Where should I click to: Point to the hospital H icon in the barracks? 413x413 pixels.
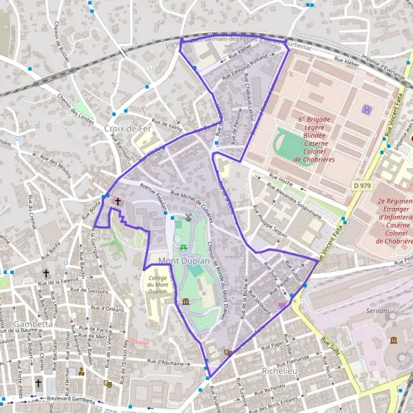[x=367, y=109]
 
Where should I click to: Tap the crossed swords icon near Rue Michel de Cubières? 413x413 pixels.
[x=189, y=218]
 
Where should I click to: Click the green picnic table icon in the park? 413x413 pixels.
[x=183, y=247]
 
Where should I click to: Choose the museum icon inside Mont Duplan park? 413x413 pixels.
[x=187, y=304]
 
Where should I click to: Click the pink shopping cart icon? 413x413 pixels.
[x=282, y=304]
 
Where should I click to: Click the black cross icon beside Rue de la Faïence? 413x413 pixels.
[x=47, y=273]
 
